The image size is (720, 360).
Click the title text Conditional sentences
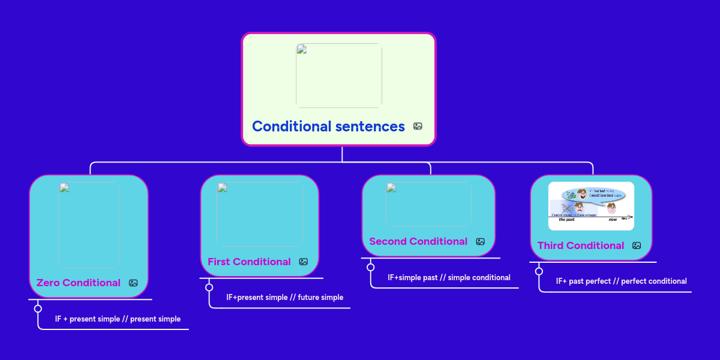[328, 127]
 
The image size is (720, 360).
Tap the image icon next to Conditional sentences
[418, 127]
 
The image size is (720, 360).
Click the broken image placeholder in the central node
[339, 76]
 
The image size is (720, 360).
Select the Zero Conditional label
[78, 283]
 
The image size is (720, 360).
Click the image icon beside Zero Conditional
[133, 283]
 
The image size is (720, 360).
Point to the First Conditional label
[249, 262]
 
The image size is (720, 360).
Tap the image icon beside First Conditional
[304, 262]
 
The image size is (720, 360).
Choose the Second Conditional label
[418, 241]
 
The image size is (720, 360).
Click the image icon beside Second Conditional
[480, 241]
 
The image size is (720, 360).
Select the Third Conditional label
[580, 245]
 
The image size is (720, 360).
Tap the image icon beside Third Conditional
[637, 245]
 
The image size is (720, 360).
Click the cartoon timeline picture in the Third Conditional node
[591, 206]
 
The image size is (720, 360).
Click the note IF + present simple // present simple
[118, 319]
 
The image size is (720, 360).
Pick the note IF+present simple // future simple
[284, 297]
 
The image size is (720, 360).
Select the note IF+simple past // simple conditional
[449, 278]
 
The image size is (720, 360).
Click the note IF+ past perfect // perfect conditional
[621, 281]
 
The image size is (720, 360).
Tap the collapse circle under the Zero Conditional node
[38, 308]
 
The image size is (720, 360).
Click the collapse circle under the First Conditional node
[209, 287]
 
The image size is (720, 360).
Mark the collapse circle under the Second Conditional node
[370, 267]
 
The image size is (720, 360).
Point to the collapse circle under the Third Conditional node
[539, 271]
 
